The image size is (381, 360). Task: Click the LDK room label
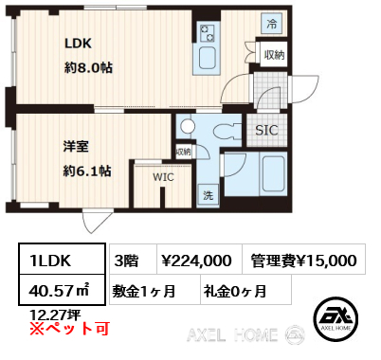[x=78, y=44]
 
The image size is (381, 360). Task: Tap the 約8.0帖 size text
[x=89, y=67]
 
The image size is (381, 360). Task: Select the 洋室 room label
[x=76, y=147]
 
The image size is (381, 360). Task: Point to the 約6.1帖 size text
[x=87, y=171]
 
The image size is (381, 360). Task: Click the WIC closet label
[x=163, y=177]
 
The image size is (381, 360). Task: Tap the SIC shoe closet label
[x=266, y=130]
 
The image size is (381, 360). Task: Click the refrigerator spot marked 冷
[x=272, y=24]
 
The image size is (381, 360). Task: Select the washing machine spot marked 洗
[x=208, y=195]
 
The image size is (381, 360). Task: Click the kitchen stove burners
[x=207, y=33]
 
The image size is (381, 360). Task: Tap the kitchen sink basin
[x=208, y=59]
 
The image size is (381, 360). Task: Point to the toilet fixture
[x=227, y=131]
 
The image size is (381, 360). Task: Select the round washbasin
[x=188, y=127]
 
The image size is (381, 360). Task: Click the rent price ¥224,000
[x=196, y=261]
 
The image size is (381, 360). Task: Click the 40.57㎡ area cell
[x=62, y=290]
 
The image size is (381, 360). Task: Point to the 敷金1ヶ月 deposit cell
[x=154, y=290]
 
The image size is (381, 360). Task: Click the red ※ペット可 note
[x=69, y=329]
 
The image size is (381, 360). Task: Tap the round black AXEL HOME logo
[x=336, y=319]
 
